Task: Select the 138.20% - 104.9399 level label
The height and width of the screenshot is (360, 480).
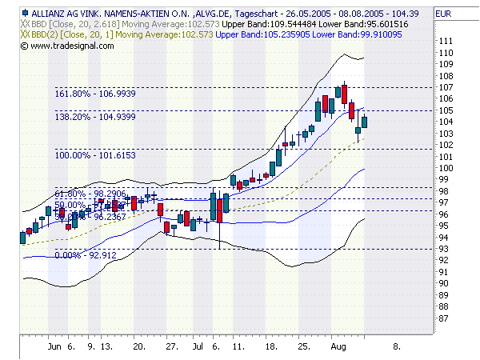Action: (x=90, y=117)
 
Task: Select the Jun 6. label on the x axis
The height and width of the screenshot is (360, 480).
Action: (x=62, y=347)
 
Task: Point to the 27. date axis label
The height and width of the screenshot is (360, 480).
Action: (x=172, y=347)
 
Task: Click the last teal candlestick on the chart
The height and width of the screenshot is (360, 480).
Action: (x=365, y=122)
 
